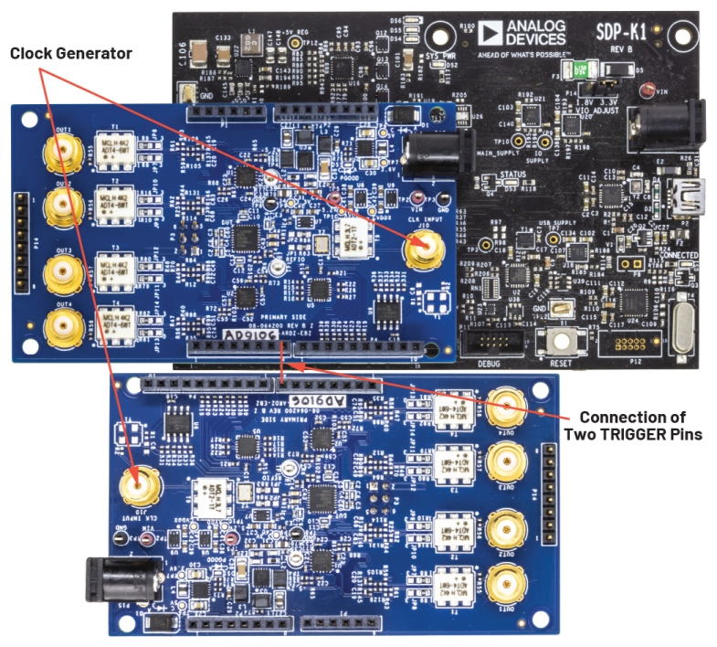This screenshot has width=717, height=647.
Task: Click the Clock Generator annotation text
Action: [x=71, y=54]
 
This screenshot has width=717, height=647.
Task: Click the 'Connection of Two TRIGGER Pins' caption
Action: [x=633, y=425]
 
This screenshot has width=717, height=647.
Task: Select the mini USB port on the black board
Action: [x=681, y=199]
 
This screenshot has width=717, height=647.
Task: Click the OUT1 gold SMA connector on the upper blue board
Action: [x=61, y=152]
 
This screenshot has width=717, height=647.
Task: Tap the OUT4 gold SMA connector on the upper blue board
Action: [x=61, y=322]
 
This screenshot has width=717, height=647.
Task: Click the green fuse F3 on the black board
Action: [x=593, y=70]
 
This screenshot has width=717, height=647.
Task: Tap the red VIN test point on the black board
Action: [x=649, y=91]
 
